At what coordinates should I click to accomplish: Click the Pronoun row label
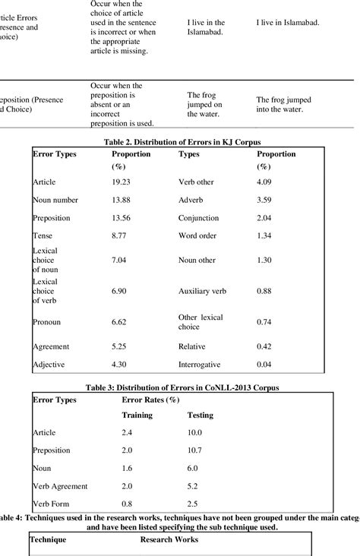(x=46, y=321)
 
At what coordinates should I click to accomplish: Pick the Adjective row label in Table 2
(x=49, y=365)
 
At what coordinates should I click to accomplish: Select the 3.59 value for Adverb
(x=264, y=200)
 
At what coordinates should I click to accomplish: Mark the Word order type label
(x=200, y=238)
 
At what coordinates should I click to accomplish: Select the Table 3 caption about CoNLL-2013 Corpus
(x=180, y=387)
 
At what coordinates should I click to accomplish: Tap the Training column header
(x=137, y=415)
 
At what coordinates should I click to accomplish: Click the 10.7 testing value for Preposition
(x=197, y=450)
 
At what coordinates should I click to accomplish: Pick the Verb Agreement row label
(x=60, y=485)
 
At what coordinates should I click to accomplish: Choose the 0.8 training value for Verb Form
(x=128, y=504)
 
